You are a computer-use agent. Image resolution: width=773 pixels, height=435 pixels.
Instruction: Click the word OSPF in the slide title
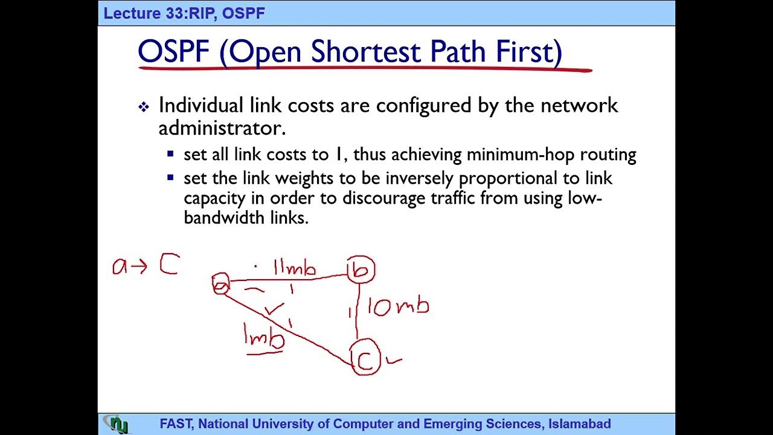pos(173,52)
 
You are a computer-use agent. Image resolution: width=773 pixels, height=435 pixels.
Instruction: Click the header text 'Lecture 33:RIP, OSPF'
pos(184,13)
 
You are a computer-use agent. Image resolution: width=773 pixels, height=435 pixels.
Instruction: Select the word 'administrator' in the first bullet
pos(221,127)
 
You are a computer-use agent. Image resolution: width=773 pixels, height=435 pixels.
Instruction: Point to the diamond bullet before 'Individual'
pos(144,108)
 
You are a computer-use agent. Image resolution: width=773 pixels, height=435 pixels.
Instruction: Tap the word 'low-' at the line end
pos(585,198)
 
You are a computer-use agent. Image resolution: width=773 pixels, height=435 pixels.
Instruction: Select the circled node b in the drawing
pos(361,270)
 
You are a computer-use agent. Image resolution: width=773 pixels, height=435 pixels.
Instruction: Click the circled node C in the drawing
pos(365,360)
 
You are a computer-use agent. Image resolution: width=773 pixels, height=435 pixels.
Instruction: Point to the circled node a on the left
pos(221,284)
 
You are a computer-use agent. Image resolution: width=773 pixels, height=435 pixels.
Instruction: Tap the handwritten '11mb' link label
pos(295,268)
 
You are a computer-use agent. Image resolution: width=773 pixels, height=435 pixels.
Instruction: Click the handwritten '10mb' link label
pos(398,306)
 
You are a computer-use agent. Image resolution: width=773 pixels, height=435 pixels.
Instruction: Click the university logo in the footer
pos(116,424)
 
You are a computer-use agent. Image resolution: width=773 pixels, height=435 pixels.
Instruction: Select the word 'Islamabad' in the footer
pos(580,424)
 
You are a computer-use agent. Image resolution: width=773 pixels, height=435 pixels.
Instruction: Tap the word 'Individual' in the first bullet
pos(200,106)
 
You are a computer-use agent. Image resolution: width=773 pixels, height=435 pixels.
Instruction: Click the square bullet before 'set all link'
pos(171,155)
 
